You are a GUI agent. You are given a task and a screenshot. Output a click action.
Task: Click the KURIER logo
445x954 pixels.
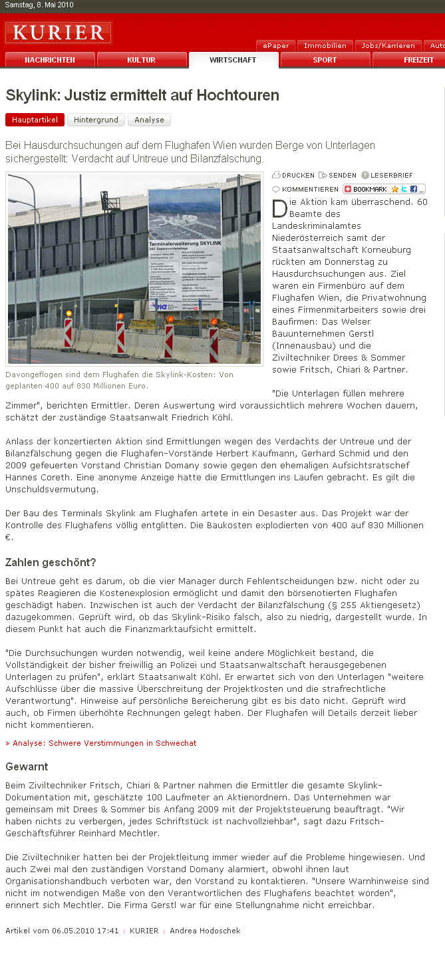[59, 33]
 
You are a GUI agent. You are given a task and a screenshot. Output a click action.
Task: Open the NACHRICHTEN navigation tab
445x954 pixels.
[50, 60]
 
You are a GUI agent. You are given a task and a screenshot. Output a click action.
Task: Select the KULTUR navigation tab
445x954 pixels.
[141, 60]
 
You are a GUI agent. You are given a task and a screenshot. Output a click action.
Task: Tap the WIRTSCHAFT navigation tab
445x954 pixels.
[233, 60]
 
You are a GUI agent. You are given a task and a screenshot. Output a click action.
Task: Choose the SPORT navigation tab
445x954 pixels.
[325, 60]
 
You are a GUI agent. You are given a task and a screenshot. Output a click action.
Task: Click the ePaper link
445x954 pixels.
[275, 46]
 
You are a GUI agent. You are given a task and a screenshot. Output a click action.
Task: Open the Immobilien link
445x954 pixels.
[325, 46]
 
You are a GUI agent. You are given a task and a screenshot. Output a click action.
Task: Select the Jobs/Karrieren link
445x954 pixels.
[388, 46]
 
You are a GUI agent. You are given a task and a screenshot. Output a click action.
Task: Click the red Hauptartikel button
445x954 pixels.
[35, 120]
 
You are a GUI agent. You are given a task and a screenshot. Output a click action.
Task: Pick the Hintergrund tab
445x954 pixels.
[96, 120]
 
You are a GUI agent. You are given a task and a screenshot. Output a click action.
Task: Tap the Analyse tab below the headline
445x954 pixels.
[149, 120]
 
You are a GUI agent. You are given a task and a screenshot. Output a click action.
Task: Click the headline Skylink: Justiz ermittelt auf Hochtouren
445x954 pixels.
[142, 95]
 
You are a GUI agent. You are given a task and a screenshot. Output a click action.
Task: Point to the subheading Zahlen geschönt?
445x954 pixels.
[51, 562]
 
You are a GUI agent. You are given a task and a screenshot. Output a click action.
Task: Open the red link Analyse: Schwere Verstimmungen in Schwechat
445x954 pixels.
[101, 743]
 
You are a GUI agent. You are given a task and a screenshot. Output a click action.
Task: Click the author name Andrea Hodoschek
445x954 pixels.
[205, 931]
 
